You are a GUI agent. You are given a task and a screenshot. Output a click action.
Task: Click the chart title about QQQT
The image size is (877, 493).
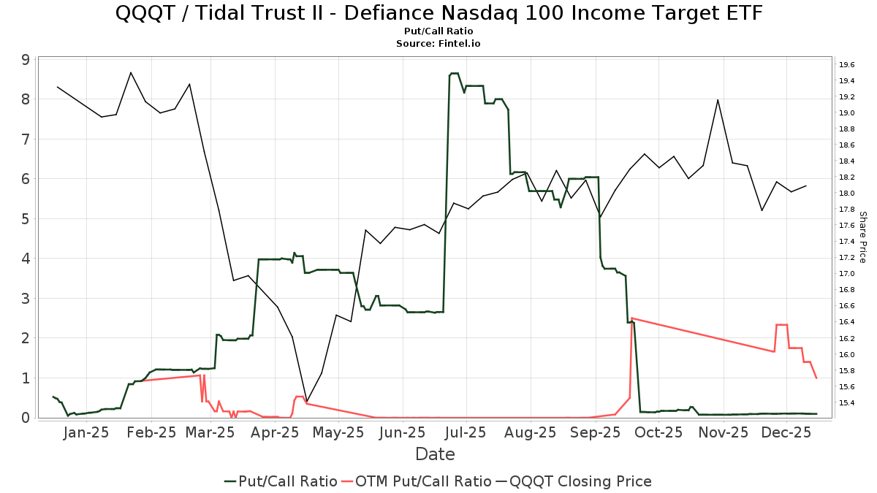[438, 13]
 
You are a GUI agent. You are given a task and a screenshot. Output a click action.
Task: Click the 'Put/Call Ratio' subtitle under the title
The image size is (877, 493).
[438, 31]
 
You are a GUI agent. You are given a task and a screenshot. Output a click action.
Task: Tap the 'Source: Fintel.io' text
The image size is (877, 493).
[438, 44]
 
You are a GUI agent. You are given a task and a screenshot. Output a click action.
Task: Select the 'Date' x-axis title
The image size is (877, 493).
[435, 454]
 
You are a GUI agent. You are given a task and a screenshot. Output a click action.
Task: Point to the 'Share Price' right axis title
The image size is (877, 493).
[862, 237]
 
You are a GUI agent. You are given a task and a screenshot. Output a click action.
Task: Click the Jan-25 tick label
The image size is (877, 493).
[86, 432]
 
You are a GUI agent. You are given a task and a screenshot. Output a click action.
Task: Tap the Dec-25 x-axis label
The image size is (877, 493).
[786, 432]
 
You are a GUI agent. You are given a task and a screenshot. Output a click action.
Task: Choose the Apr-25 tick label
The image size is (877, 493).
[275, 432]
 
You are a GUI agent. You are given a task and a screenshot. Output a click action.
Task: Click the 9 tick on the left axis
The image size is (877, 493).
[25, 59]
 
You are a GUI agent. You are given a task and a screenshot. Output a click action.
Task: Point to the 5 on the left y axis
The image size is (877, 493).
[25, 218]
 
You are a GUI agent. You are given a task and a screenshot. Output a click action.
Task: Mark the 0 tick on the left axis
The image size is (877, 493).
[25, 418]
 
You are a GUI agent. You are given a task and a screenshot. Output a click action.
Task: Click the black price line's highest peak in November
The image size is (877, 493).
[718, 99]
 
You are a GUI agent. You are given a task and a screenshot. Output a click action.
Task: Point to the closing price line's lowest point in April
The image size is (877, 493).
[307, 402]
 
